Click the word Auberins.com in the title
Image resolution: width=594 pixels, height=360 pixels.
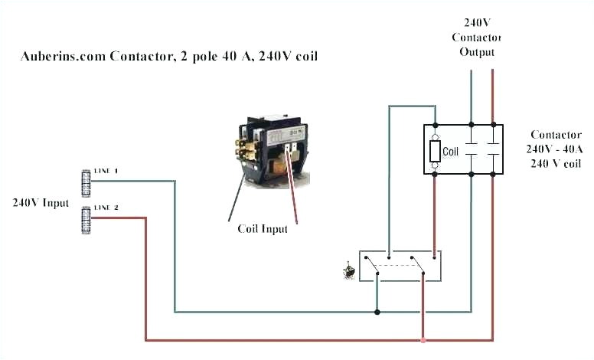pos(60,56)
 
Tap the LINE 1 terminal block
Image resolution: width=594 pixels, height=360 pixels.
pos(86,181)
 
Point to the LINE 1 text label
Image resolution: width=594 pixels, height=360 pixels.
pos(106,170)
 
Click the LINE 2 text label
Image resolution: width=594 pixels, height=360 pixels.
pos(106,208)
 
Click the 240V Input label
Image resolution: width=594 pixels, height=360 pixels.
pos(40,203)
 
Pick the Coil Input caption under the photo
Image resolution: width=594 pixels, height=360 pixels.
pos(263,228)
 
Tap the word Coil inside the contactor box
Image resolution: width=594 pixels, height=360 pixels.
pos(450,152)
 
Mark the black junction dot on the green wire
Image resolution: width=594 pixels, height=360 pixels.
pos(376,312)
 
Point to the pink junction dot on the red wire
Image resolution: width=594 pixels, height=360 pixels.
pos(423,339)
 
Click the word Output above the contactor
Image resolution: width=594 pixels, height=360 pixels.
pos(477,52)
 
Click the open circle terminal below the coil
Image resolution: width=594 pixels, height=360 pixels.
pos(435,165)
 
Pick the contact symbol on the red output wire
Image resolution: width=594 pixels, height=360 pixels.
pos(492,149)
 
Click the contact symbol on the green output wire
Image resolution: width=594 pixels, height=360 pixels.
pos(471,149)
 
